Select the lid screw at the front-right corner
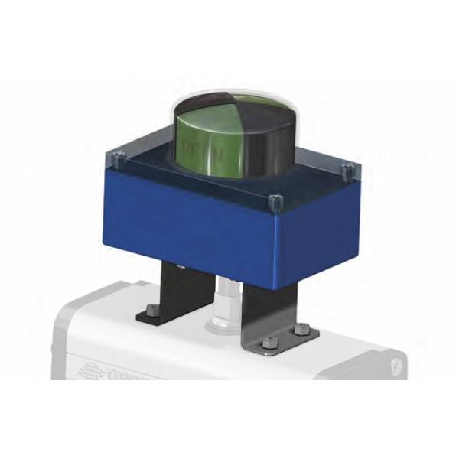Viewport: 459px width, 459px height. click(275, 202)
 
